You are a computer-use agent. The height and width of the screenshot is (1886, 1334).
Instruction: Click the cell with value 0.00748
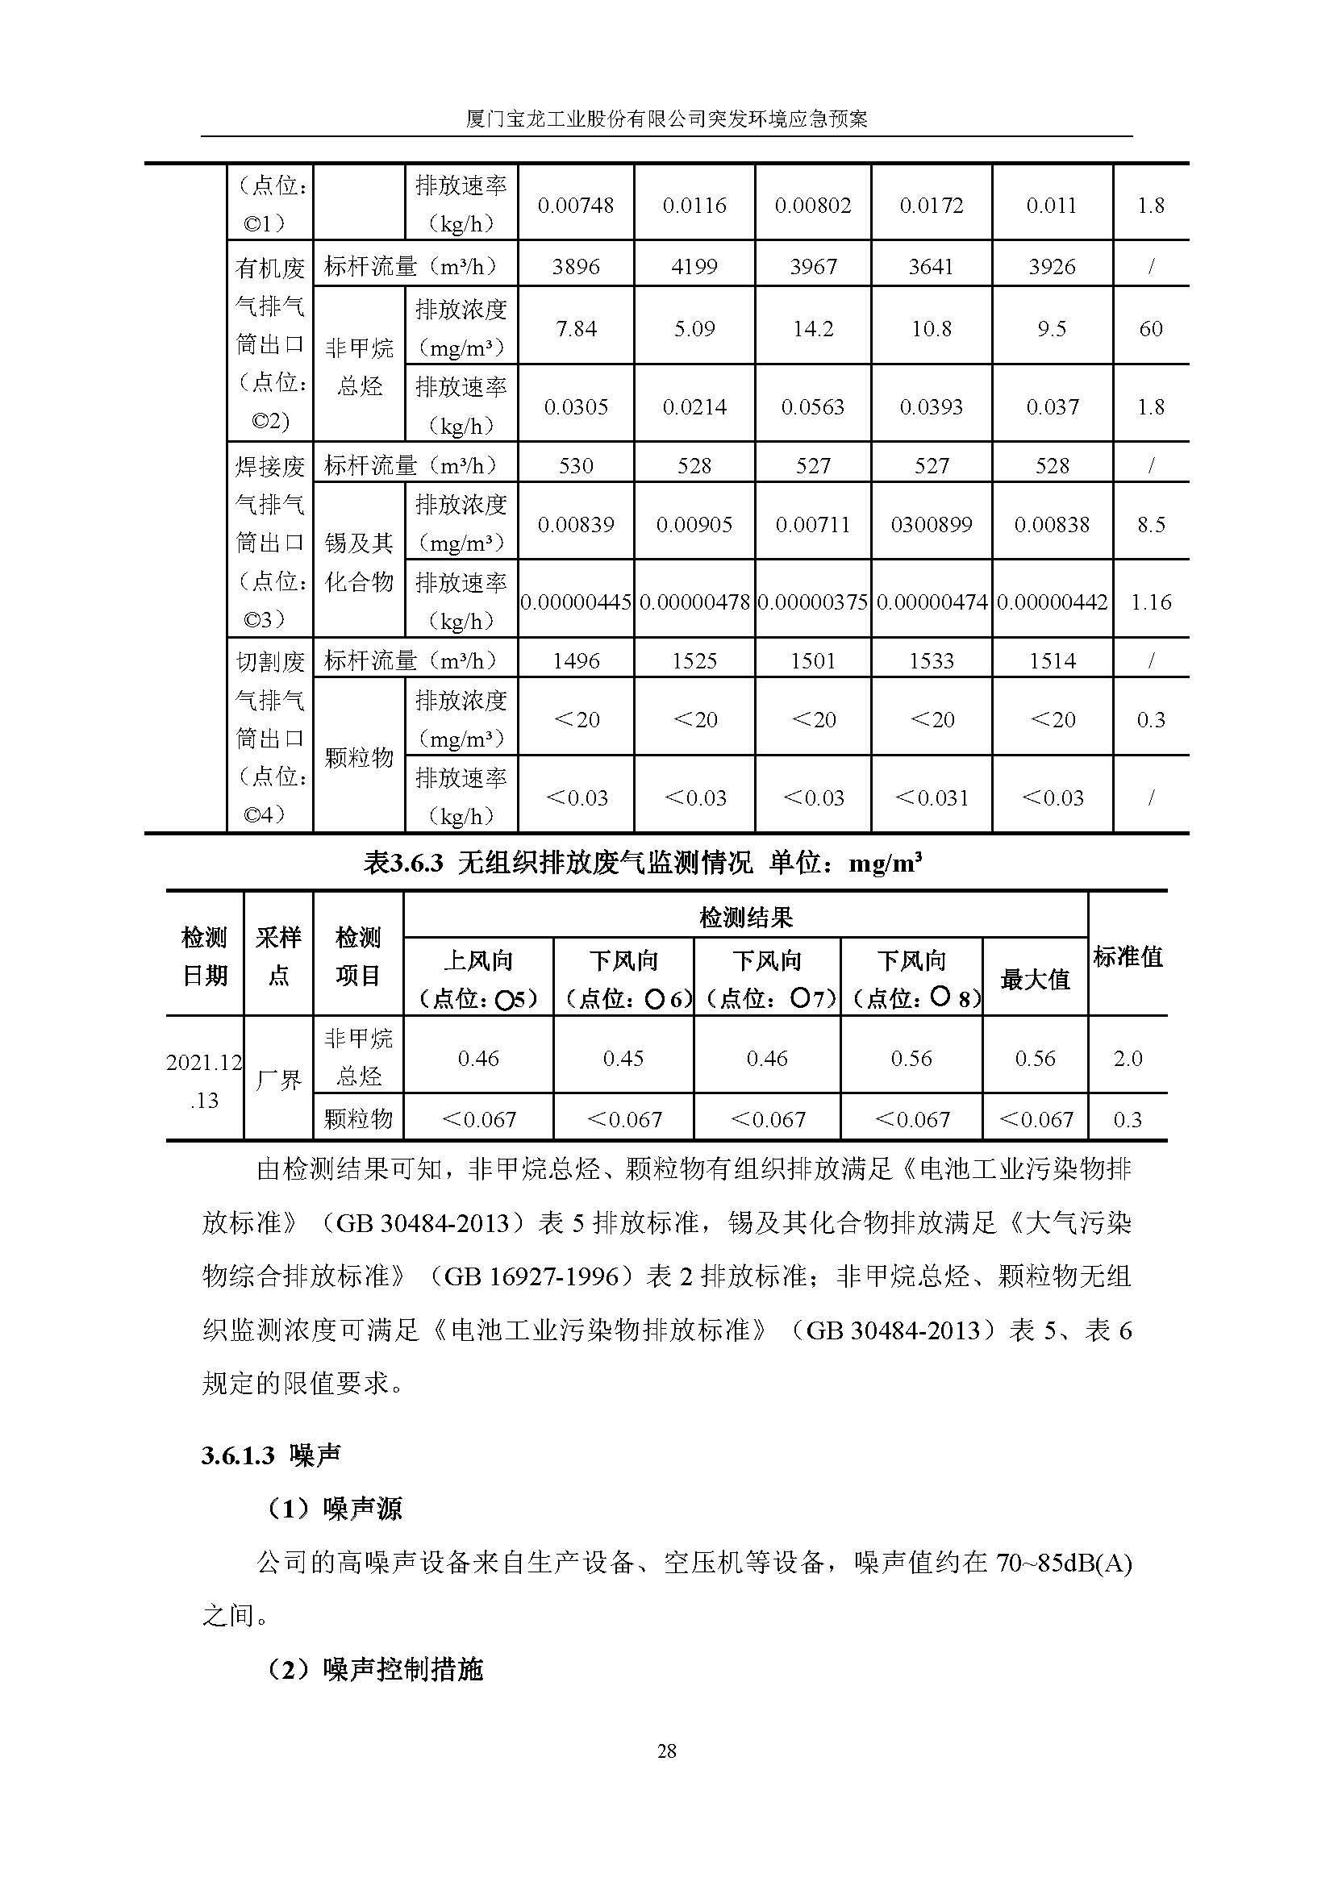(x=575, y=206)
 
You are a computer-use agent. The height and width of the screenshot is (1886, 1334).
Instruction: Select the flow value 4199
(x=694, y=267)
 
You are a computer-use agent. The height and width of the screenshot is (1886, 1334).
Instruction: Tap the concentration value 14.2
(x=812, y=328)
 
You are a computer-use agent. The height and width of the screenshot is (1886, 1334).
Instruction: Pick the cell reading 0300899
(x=932, y=525)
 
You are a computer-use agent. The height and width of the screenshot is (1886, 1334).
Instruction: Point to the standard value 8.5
(x=1151, y=525)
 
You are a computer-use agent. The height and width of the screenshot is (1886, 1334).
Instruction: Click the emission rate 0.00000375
(x=812, y=602)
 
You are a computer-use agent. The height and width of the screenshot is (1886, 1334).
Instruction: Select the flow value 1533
(x=932, y=661)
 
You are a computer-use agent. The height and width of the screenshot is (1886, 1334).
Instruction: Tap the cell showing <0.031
(x=932, y=797)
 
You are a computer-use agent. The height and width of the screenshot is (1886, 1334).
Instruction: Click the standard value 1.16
(x=1151, y=602)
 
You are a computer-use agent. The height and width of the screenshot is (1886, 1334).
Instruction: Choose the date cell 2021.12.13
(x=205, y=1080)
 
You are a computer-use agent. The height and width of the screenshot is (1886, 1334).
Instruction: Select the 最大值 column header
(x=1035, y=979)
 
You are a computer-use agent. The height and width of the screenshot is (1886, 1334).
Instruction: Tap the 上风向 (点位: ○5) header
(x=478, y=979)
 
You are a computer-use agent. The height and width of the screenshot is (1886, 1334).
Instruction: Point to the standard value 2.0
(x=1128, y=1059)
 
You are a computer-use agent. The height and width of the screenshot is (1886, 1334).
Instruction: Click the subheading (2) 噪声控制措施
(x=374, y=1669)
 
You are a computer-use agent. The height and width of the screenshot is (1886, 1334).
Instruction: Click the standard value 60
(x=1151, y=328)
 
